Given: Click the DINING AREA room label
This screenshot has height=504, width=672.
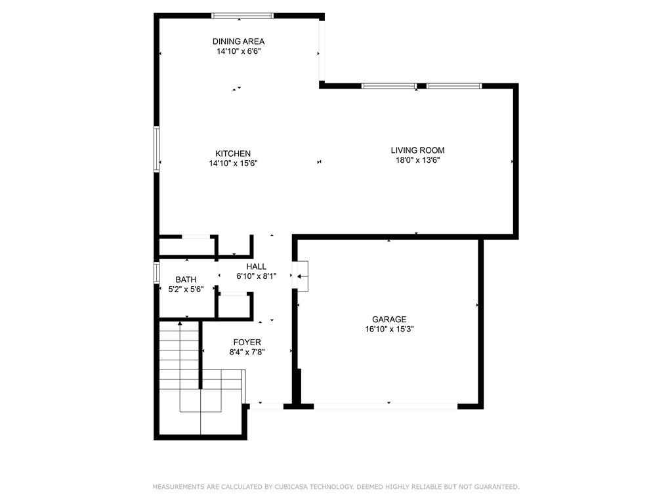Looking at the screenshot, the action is tap(238, 41).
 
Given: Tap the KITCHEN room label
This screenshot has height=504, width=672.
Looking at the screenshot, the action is tap(233, 154).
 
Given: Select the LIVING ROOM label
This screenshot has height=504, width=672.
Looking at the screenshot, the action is tap(417, 150).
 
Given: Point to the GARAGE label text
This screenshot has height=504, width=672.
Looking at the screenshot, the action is tap(389, 320).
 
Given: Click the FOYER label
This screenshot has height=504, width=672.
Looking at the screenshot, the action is tap(247, 343).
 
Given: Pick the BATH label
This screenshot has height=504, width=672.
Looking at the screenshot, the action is tap(186, 280).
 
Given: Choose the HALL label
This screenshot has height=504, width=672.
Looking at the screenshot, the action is tap(257, 266).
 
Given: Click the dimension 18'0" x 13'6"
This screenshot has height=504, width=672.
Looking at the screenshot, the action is tap(417, 160).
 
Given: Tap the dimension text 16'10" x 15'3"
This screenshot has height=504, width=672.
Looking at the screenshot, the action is tap(389, 329).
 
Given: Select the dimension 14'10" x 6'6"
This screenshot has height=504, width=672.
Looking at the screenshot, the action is tap(239, 51).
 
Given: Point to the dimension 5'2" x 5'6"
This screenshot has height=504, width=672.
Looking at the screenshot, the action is tap(186, 289).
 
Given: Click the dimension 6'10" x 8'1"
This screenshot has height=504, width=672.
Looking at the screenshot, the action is tap(257, 276).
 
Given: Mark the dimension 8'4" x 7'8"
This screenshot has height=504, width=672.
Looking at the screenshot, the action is tap(247, 352).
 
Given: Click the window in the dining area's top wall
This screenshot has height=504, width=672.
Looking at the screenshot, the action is tap(243, 16).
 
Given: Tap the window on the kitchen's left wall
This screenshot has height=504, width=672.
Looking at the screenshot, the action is tap(157, 149).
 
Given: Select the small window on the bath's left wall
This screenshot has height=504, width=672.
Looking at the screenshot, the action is tap(157, 272).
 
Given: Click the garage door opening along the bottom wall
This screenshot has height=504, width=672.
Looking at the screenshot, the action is tap(386, 406).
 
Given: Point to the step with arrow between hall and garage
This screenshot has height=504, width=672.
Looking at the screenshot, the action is tap(303, 276).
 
